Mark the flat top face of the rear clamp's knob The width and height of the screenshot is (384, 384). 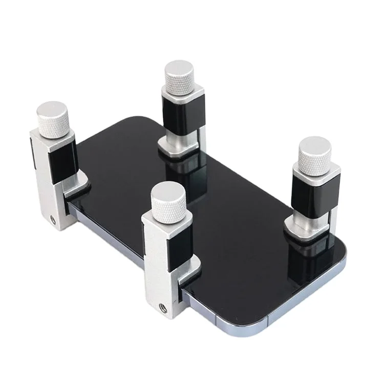(179, 69)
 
